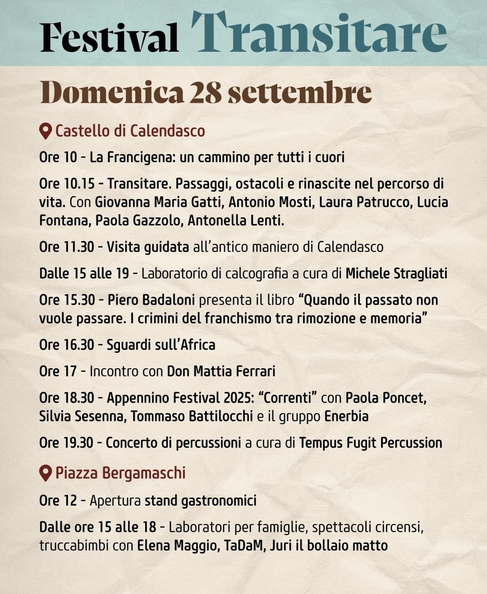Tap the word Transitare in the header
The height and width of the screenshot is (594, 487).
(319, 32)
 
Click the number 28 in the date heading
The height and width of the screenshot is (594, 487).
(205, 92)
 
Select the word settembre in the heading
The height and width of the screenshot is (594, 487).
(299, 92)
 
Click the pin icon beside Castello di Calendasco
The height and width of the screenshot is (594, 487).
(45, 131)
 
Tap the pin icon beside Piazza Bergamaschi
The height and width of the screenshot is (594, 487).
(45, 473)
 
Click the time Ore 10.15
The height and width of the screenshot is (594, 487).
(67, 183)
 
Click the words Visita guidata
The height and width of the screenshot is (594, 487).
(147, 247)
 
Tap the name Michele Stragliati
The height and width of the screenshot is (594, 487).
(396, 274)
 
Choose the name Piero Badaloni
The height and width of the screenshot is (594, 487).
(151, 300)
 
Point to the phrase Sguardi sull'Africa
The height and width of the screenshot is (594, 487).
(161, 345)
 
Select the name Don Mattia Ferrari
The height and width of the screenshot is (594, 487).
(221, 371)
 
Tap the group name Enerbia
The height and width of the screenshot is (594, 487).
(346, 416)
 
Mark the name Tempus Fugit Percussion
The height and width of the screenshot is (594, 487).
(370, 443)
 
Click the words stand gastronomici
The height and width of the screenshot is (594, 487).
(200, 501)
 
